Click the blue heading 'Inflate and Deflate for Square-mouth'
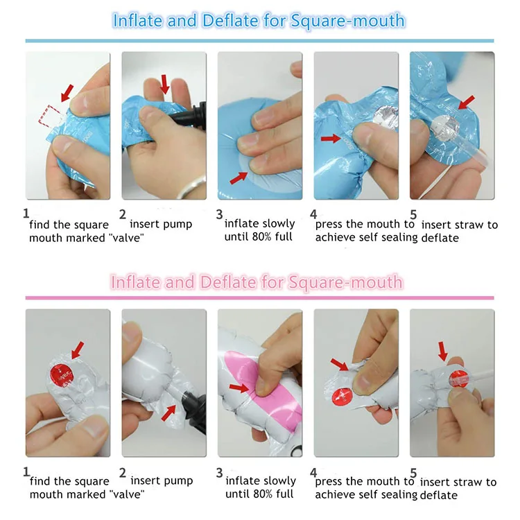pos(259,21)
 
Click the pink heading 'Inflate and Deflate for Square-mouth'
pos(257,282)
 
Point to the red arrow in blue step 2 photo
pos(164,84)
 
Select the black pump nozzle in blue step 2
pos(192,115)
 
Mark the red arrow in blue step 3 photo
pos(239,178)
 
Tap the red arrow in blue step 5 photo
pos(467,103)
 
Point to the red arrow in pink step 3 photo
pos(239,388)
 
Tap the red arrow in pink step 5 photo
pos(443,352)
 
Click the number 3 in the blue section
pos(219,214)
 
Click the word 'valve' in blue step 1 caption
pos(126,238)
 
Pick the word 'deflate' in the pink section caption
pos(439,495)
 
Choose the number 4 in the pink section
pos(313,472)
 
